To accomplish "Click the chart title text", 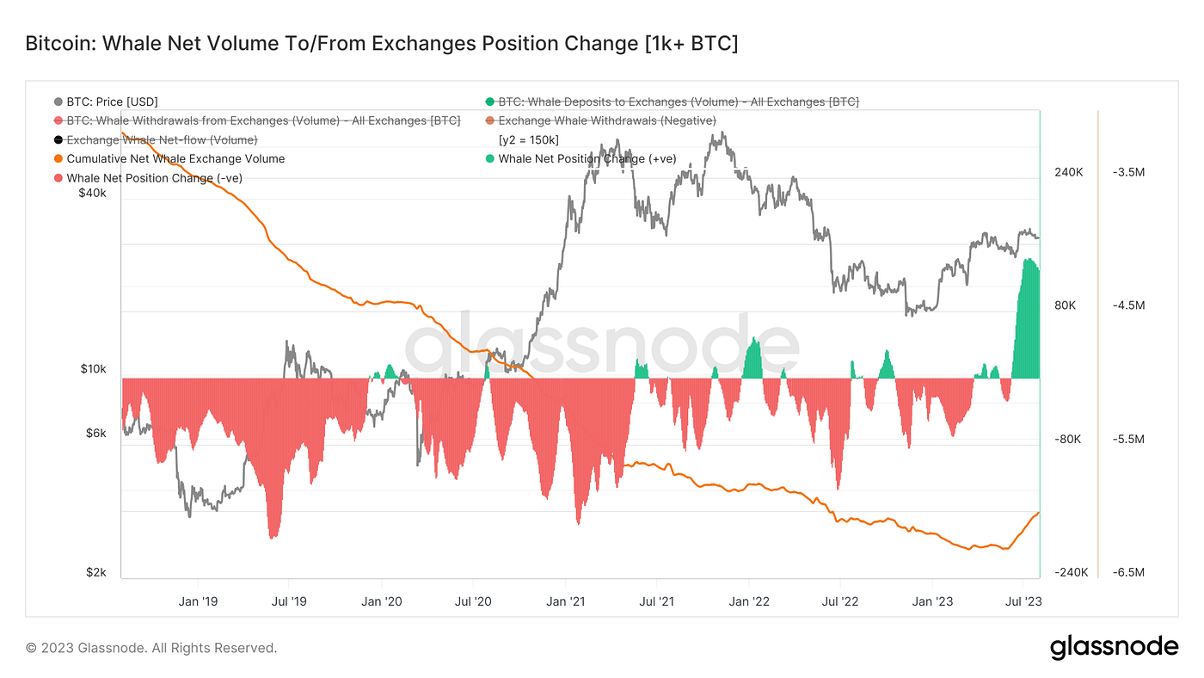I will click(x=381, y=43).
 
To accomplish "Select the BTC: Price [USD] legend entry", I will click(x=112, y=102).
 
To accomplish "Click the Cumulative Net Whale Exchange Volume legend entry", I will click(x=175, y=158).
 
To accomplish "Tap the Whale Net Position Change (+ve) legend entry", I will click(x=587, y=158).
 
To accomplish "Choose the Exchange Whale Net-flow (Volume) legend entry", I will click(x=162, y=139).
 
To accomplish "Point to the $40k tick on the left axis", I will click(x=92, y=194).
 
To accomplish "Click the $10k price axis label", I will click(x=93, y=369).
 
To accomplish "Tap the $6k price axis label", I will click(x=95, y=434).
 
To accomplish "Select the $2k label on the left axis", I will click(x=95, y=573).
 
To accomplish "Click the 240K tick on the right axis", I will click(x=1068, y=172).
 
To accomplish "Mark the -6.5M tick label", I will click(x=1128, y=573).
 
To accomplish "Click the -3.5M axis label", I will click(x=1128, y=172).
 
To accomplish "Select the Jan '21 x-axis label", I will click(x=566, y=601).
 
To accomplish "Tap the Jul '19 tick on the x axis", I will click(x=290, y=601).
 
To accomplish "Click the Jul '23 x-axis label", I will click(x=1023, y=601).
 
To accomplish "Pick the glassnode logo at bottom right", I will click(x=1114, y=647).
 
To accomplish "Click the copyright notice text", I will click(x=151, y=648).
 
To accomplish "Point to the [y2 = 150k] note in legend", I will click(x=529, y=139).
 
